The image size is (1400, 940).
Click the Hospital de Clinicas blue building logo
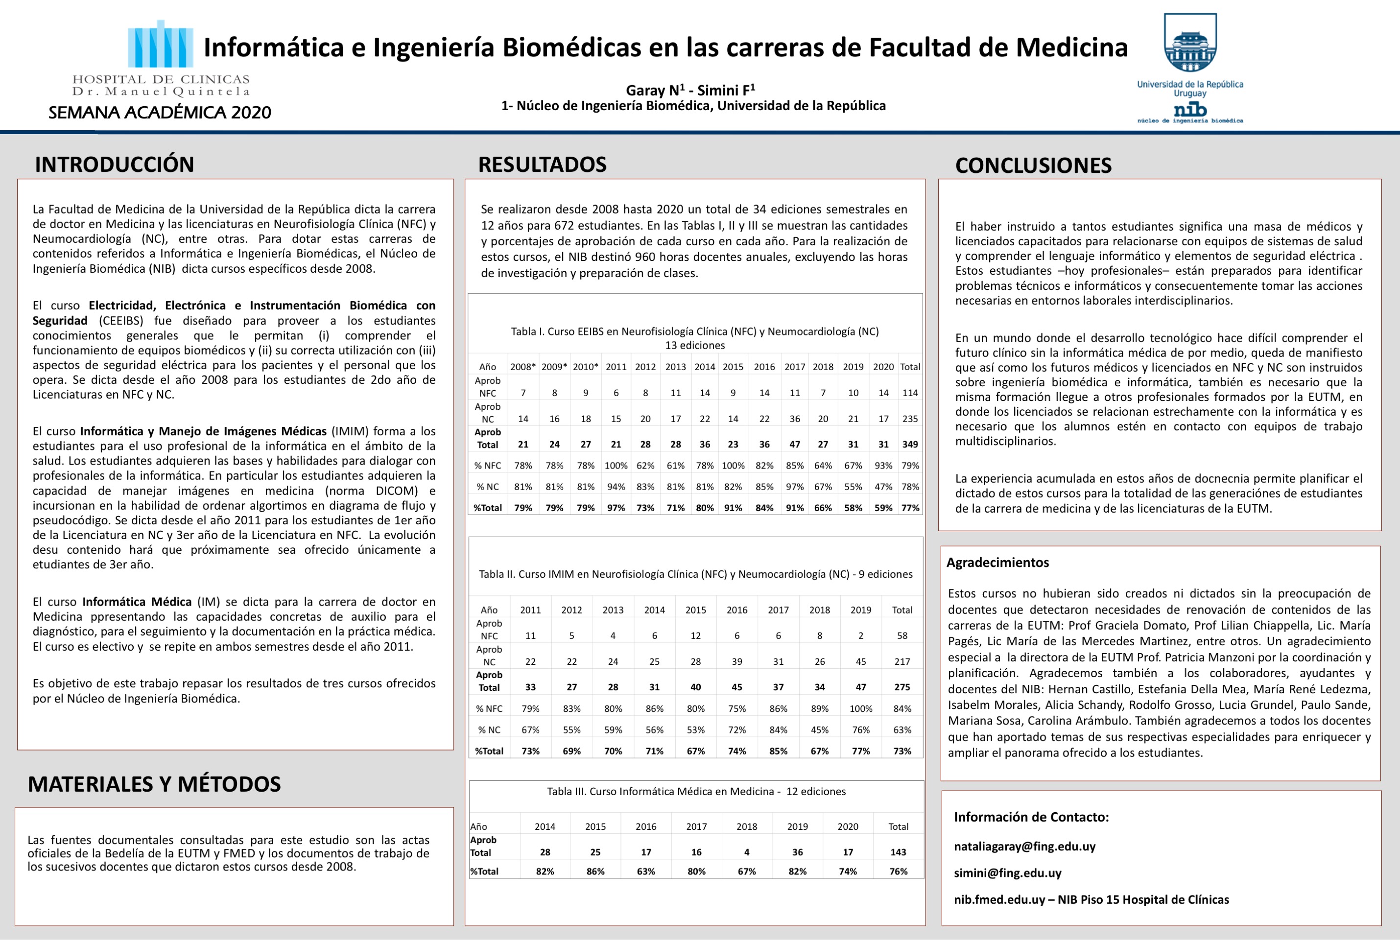click(x=160, y=45)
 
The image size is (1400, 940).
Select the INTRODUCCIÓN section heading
click(x=115, y=164)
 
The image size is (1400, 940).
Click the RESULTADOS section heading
click(x=542, y=164)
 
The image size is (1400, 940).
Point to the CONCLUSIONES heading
click(x=1033, y=165)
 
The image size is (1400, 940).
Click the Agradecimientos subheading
click(x=997, y=563)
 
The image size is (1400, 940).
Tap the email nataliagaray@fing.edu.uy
click(x=1025, y=846)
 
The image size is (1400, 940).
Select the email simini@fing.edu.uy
click(x=1007, y=873)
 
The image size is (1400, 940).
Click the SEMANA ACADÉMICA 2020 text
click(x=160, y=113)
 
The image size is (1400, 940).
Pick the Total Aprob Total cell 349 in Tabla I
click(x=909, y=444)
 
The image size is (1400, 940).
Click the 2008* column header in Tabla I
click(x=523, y=367)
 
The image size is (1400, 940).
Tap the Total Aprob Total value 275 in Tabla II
click(x=902, y=687)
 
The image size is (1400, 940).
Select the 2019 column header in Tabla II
click(x=860, y=610)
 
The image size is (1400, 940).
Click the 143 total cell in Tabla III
click(x=898, y=852)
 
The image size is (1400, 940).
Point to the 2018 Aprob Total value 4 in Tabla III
click(x=746, y=852)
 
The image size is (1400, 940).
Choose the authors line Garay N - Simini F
click(x=690, y=91)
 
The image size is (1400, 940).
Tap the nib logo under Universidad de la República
click(x=1190, y=110)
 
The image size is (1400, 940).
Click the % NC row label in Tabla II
click(x=489, y=729)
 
